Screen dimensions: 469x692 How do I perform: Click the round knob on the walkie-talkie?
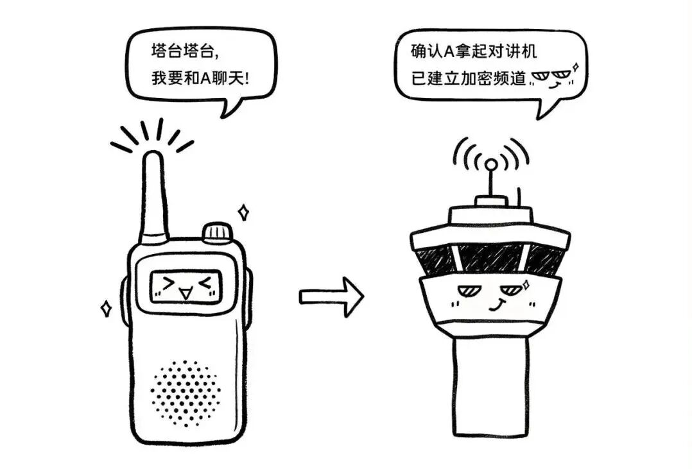[x=217, y=232]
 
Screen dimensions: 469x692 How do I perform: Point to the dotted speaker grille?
[x=186, y=393]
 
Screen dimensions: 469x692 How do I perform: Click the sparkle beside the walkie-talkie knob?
[x=243, y=211]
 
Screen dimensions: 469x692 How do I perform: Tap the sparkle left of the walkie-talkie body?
[x=106, y=309]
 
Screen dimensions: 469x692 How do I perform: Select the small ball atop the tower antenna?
[x=490, y=164]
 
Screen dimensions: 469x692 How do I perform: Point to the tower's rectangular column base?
[x=490, y=385]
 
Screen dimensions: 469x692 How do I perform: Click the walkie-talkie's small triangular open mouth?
[x=186, y=294]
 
